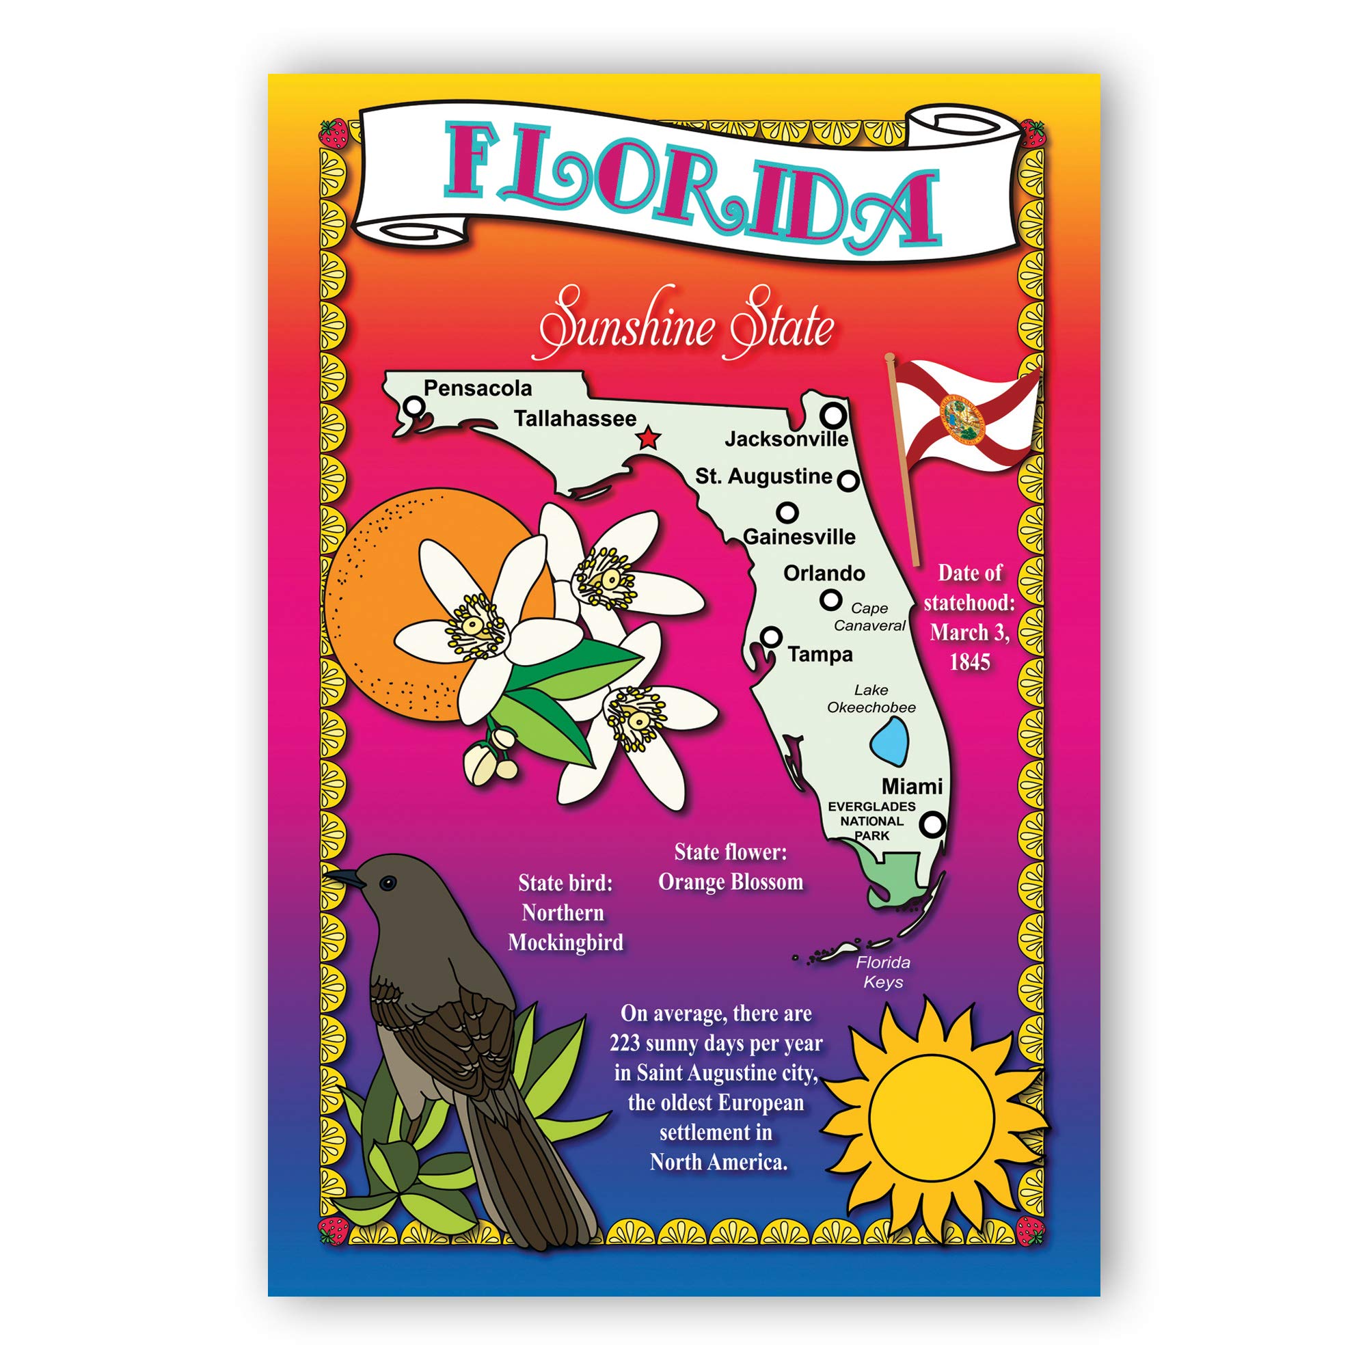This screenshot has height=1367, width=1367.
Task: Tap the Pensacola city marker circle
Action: tap(416, 406)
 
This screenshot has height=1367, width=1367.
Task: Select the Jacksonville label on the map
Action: tap(786, 439)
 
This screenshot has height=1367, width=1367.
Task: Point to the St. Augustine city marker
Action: tap(848, 481)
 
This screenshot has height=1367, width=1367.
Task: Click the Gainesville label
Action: tap(799, 537)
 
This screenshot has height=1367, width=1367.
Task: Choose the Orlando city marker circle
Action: tap(830, 600)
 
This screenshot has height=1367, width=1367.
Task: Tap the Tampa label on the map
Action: tap(820, 655)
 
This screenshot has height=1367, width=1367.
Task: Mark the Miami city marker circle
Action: tap(933, 824)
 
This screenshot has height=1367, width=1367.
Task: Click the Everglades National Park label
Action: tap(871, 821)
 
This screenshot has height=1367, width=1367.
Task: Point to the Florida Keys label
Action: tap(883, 972)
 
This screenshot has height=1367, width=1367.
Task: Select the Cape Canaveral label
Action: tap(869, 617)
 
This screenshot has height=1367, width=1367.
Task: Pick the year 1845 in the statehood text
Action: tap(969, 662)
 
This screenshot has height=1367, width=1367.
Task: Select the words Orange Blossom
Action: tap(730, 882)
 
